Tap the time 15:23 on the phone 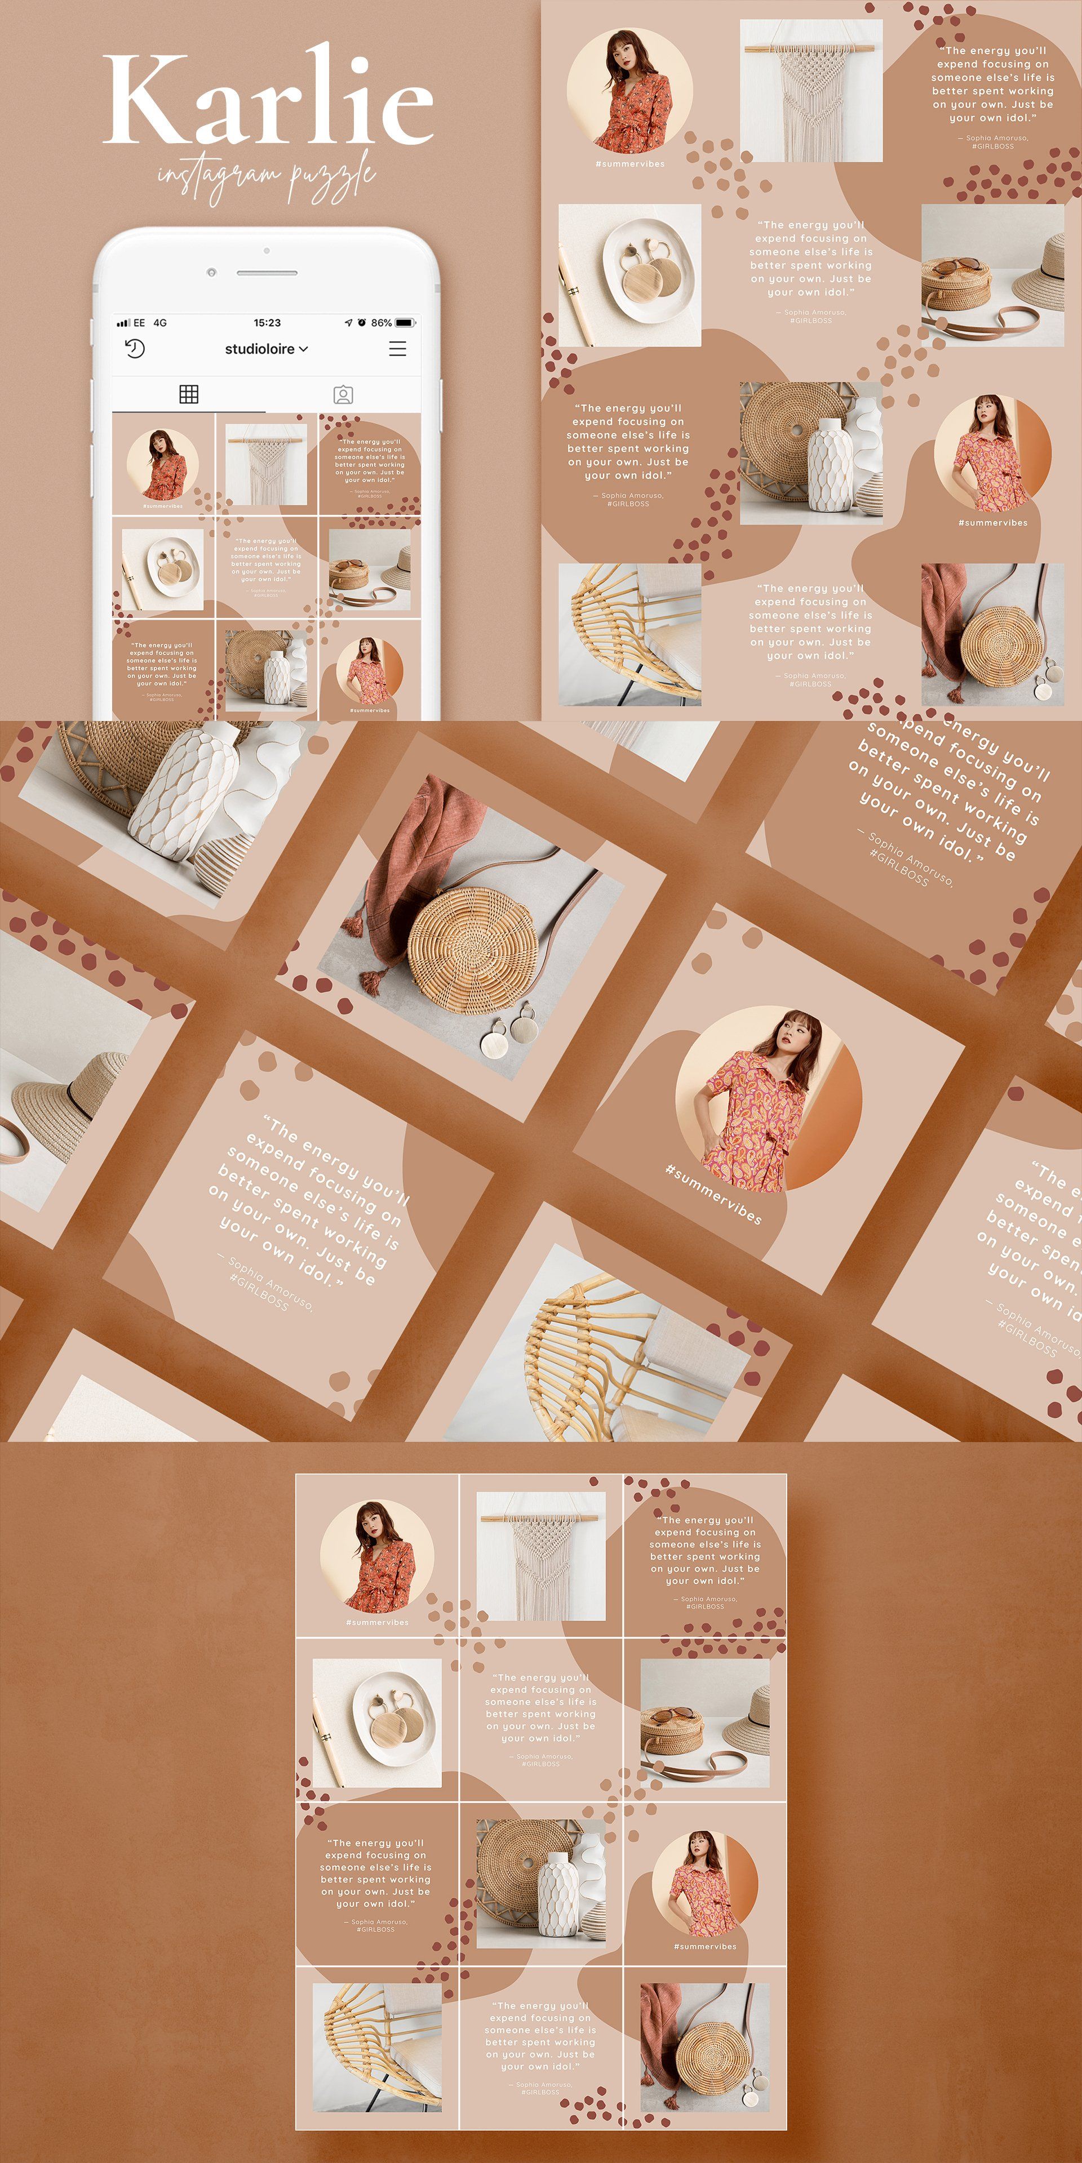(267, 322)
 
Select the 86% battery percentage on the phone (382, 322)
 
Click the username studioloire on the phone (260, 349)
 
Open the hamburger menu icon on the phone (397, 349)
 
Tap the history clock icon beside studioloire (135, 349)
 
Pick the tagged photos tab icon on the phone (343, 395)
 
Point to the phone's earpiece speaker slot (267, 273)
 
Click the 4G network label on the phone (159, 322)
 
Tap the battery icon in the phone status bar (406, 322)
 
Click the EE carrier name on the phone (139, 322)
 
